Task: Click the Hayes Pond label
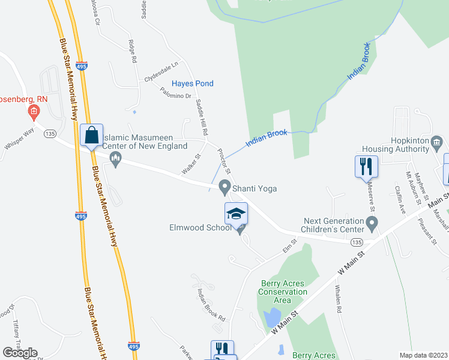[192, 83]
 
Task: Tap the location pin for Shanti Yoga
[225, 187]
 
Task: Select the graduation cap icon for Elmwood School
[237, 214]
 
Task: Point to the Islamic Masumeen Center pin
[116, 159]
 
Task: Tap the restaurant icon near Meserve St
[367, 166]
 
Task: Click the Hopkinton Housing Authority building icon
[436, 143]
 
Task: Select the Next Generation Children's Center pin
[372, 226]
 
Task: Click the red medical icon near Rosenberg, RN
[34, 111]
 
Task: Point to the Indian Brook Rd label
[211, 304]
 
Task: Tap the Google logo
[20, 353]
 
